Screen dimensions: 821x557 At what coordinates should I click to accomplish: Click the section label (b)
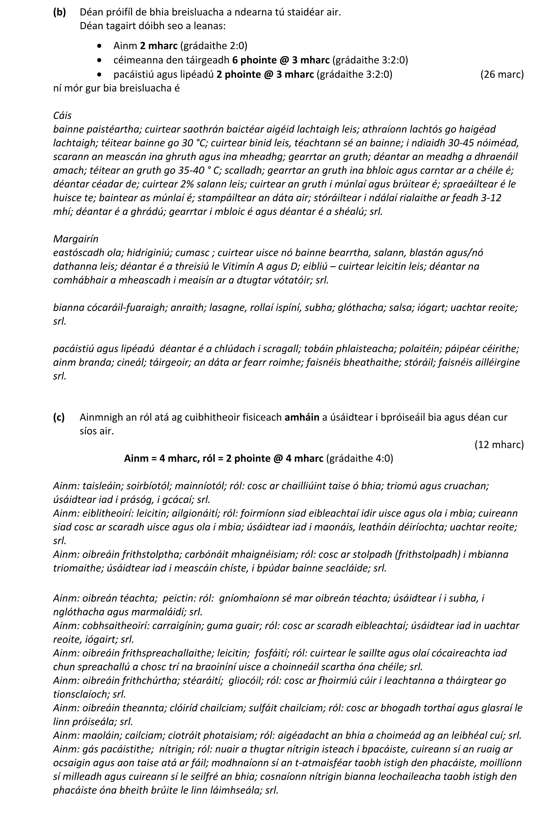click(x=59, y=12)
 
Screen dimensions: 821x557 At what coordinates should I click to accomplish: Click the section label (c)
click(x=59, y=417)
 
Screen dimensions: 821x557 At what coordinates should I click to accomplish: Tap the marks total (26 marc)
click(x=502, y=74)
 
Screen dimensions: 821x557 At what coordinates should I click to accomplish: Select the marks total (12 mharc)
click(x=499, y=444)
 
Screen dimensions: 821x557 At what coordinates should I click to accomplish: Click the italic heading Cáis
click(x=62, y=116)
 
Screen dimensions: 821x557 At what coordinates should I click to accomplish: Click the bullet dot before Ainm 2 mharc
click(x=101, y=46)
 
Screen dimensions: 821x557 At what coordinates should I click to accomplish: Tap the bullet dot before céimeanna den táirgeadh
click(x=101, y=60)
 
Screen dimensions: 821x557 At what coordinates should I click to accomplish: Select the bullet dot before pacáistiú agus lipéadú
click(x=101, y=75)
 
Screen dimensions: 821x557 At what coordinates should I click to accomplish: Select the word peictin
click(x=179, y=599)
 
